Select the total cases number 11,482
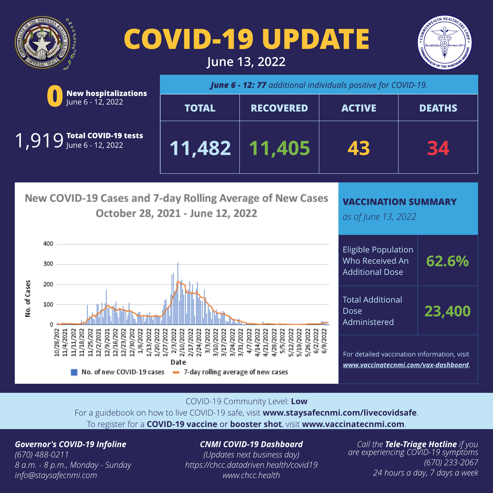point(200,148)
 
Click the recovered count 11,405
point(279,148)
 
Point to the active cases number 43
point(359,148)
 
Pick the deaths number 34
point(438,148)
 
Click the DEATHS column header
point(438,108)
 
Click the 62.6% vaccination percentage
point(447,261)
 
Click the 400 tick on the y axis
point(48,244)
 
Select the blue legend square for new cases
point(74,372)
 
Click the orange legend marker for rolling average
point(176,372)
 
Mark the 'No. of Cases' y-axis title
point(28,299)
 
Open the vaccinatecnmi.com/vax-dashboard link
point(406,365)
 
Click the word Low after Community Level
point(299,401)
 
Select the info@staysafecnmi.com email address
point(56,475)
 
